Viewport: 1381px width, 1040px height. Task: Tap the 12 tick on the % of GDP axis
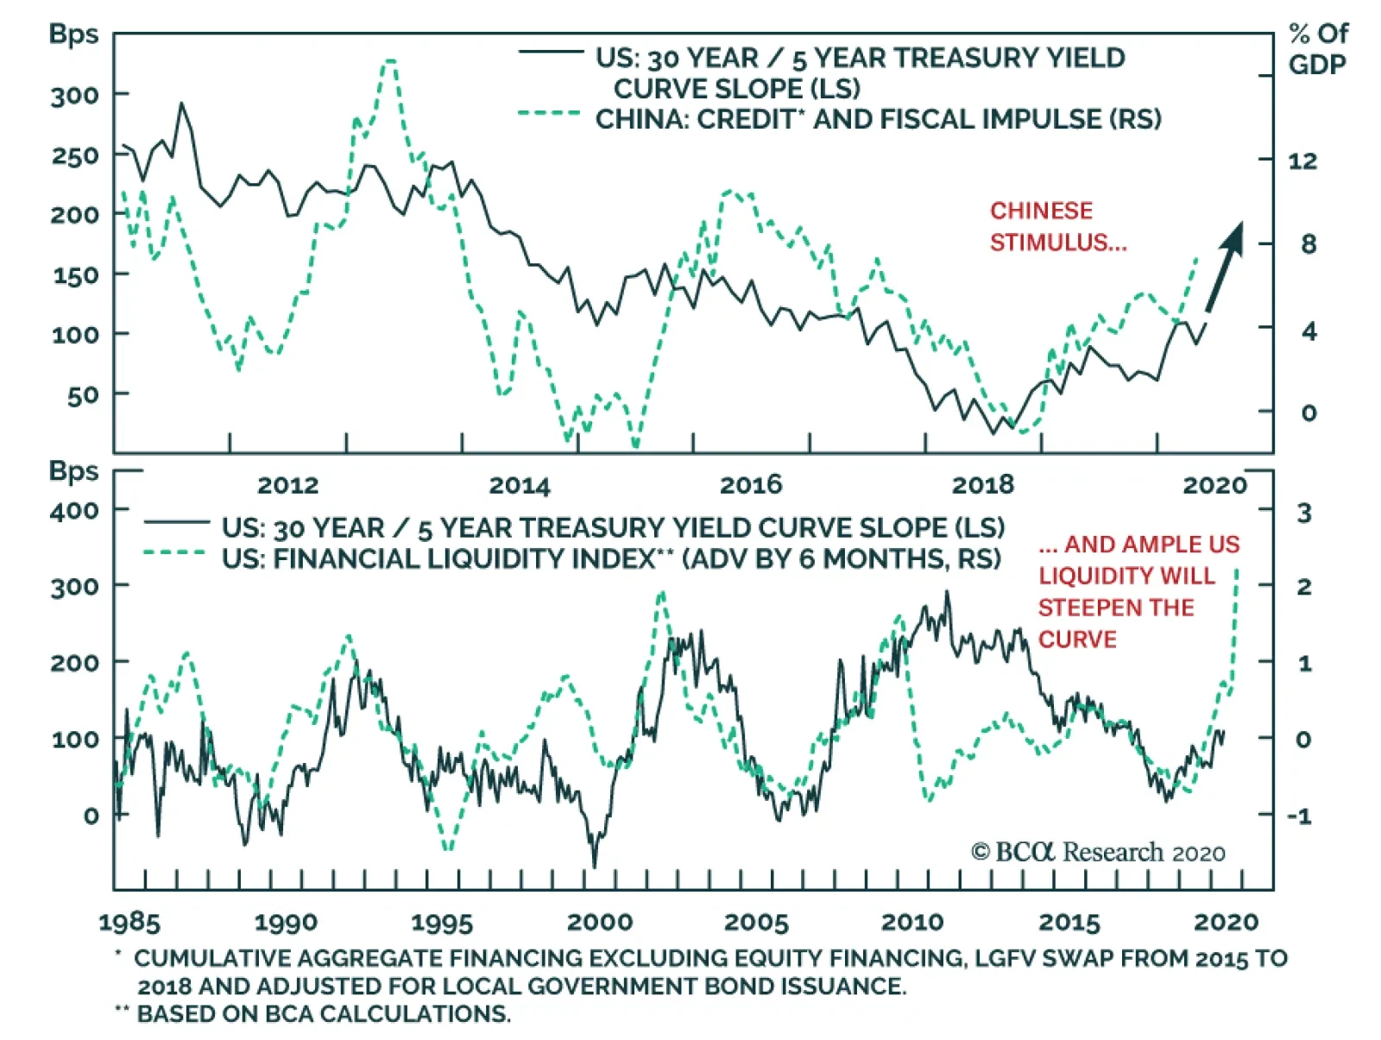(1303, 161)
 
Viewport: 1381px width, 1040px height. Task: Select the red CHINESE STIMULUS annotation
(1057, 226)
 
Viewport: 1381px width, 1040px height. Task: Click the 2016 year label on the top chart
(751, 485)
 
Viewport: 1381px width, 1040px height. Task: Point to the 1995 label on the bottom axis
(442, 923)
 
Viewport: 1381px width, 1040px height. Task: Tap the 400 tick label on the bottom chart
(74, 511)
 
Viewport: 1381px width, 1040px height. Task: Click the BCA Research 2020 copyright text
(1098, 853)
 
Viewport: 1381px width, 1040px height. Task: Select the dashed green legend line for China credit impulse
(550, 113)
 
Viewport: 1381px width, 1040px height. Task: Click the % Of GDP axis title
(1317, 49)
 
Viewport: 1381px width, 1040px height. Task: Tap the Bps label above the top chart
(73, 34)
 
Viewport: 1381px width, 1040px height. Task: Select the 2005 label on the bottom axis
(756, 923)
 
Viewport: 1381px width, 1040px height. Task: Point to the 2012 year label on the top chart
(288, 485)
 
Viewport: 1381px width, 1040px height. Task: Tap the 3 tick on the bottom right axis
(1304, 513)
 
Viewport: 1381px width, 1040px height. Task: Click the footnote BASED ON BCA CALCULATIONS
(324, 1013)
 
